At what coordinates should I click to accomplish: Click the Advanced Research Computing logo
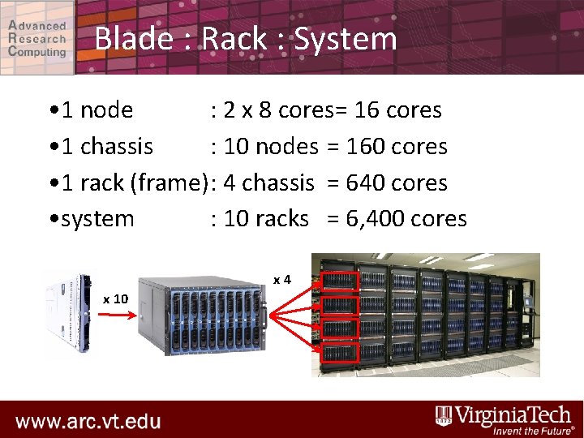pyautogui.click(x=37, y=37)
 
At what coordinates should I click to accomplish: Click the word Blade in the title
pyautogui.click(x=131, y=39)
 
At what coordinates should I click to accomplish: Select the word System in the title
pyautogui.click(x=346, y=39)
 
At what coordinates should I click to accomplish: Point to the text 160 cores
pyautogui.click(x=397, y=147)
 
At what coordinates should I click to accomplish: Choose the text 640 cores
pyautogui.click(x=397, y=183)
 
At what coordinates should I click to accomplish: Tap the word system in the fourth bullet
pyautogui.click(x=98, y=219)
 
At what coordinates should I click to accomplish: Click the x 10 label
pyautogui.click(x=115, y=299)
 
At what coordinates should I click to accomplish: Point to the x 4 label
pyautogui.click(x=281, y=280)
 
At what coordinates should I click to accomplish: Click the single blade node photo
pyautogui.click(x=70, y=312)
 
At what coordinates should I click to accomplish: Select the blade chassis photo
pyautogui.click(x=203, y=316)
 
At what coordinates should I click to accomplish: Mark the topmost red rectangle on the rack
pyautogui.click(x=339, y=281)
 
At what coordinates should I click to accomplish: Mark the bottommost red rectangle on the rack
pyautogui.click(x=339, y=354)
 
